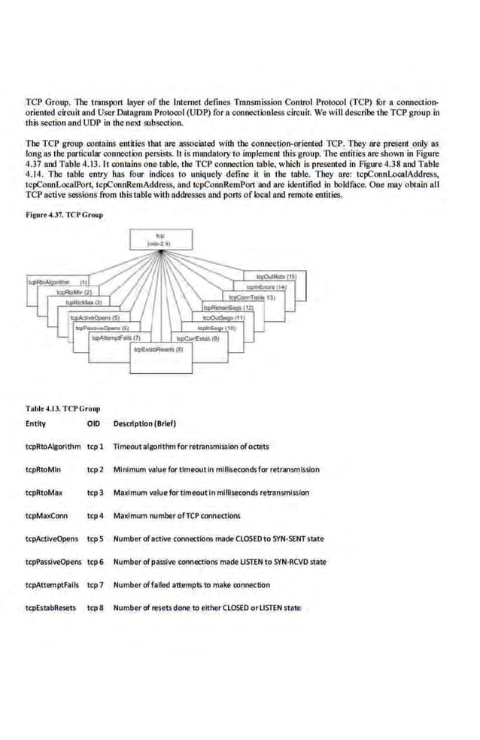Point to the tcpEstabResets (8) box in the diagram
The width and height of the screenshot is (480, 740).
pyautogui.click(x=153, y=350)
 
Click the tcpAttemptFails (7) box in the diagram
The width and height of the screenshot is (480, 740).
pyautogui.click(x=115, y=338)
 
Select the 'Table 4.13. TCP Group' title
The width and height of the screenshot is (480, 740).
pyautogui.click(x=62, y=407)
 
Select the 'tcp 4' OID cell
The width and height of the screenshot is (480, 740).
pyautogui.click(x=95, y=515)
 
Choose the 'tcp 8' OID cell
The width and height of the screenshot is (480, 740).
pyautogui.click(x=95, y=608)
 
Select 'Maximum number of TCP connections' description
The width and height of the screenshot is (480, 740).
pyautogui.click(x=177, y=515)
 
